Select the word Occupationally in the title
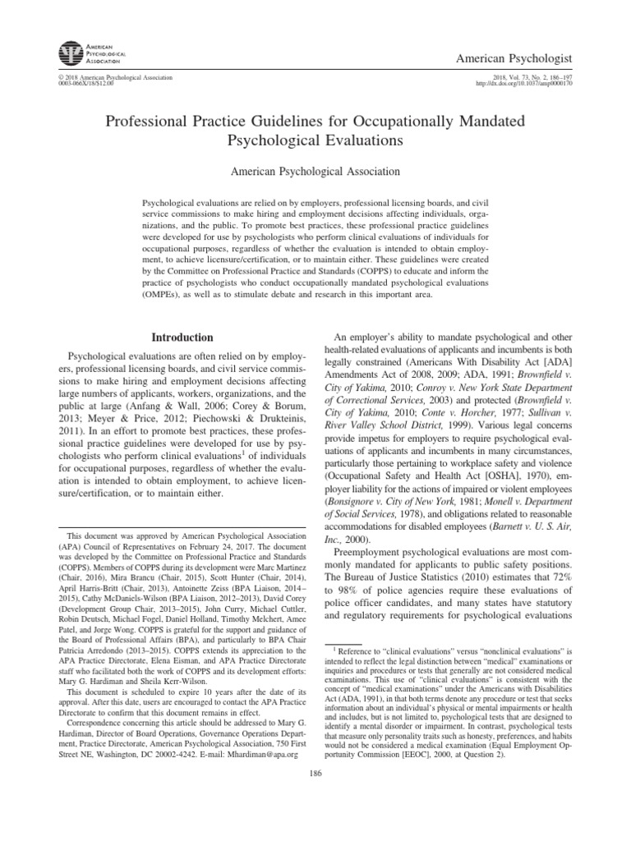tap(400, 122)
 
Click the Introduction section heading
tap(183, 338)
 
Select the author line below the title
tap(315, 172)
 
